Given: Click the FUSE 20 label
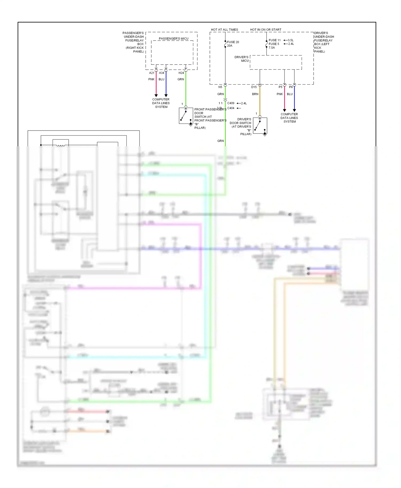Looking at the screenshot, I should pos(233,42).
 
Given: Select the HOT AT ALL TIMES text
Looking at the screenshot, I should pos(224,30).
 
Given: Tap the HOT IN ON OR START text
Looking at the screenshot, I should pos(265,30).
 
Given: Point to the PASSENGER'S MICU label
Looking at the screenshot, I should pos(173,39).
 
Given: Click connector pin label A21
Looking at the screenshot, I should pos(152,73).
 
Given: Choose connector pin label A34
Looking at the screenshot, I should pos(161,73).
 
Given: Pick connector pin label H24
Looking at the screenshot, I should pos(181,73).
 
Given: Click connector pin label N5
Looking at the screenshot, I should pos(220,87).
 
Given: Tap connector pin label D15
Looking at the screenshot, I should pos(254,87).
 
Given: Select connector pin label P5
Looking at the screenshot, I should pos(280,87).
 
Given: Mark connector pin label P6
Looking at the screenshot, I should pos(291,87).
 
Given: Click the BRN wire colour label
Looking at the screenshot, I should pos(255,94).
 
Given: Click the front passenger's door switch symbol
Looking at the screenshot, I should pos(186,116).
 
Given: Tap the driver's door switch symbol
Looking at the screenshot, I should pos(260,126).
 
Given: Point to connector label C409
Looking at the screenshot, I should pos(231,103).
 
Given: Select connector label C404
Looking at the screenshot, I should pos(231,108).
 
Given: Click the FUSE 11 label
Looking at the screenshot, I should pos(275,40).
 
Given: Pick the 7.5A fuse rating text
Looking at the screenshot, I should pos(272,48).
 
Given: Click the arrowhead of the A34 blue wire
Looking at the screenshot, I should pos(166,96).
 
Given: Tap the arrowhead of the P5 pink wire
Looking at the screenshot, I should pos(284,110).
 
